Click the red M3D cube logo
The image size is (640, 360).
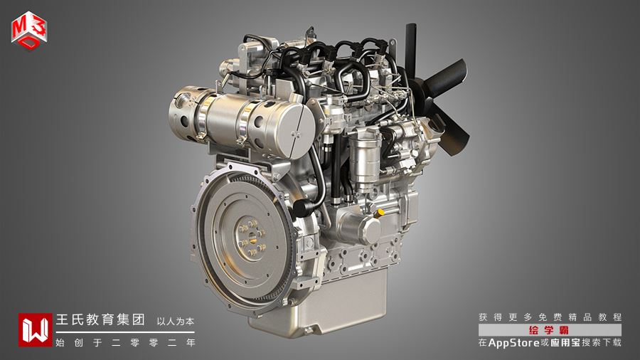click(x=29, y=30)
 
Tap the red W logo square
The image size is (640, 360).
click(x=35, y=330)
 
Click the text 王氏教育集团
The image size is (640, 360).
click(x=100, y=319)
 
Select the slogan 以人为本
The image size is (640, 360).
click(x=176, y=322)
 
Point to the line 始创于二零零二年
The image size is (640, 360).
click(x=125, y=343)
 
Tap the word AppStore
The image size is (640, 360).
click(x=514, y=343)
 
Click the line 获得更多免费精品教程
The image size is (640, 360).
click(x=550, y=317)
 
